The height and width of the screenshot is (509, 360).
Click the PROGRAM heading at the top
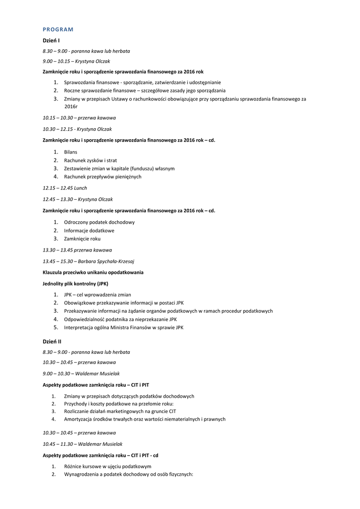click(58, 29)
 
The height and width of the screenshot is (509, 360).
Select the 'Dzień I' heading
click(51, 41)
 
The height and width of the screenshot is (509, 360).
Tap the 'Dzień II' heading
click(52, 341)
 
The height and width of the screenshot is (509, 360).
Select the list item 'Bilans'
click(71, 152)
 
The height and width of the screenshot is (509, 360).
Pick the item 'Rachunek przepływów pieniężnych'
click(102, 176)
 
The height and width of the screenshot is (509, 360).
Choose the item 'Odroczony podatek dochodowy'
click(99, 222)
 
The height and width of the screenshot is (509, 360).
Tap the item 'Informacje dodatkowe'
click(89, 231)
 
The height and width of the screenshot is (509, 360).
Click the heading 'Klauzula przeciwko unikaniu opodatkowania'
click(93, 272)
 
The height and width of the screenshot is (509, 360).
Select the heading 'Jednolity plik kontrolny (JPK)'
click(75, 284)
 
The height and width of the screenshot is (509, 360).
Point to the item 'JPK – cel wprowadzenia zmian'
click(97, 295)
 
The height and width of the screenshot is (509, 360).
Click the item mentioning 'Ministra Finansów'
click(123, 328)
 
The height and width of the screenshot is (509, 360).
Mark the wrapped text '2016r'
click(71, 107)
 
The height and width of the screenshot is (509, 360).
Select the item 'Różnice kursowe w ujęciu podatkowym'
click(107, 467)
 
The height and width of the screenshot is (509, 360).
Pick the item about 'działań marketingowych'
click(120, 411)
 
